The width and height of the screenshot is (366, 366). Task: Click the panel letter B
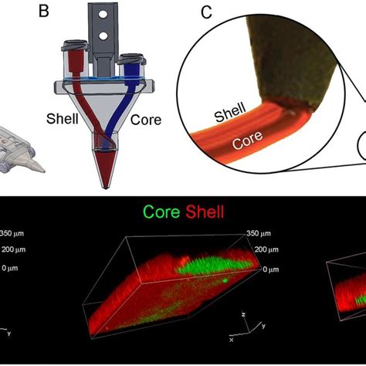pyautogui.click(x=44, y=11)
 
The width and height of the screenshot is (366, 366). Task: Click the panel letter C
pyautogui.click(x=207, y=12)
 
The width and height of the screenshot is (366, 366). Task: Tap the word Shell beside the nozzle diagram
pyautogui.click(x=63, y=119)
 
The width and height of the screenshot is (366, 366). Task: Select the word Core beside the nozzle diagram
pyautogui.click(x=146, y=120)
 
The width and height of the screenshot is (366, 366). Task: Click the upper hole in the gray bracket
pyautogui.click(x=103, y=15)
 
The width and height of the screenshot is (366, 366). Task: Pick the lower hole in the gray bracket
pyautogui.click(x=103, y=36)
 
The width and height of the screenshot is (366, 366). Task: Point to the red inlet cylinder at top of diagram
pyautogui.click(x=76, y=61)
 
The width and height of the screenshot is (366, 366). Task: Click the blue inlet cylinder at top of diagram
pyautogui.click(x=132, y=66)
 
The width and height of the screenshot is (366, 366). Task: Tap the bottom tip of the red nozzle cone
pyautogui.click(x=105, y=188)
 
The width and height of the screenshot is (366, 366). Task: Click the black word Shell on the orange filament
pyautogui.click(x=230, y=112)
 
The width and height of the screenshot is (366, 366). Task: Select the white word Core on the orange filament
pyautogui.click(x=247, y=140)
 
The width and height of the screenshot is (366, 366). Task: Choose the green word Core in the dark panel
pyautogui.click(x=161, y=212)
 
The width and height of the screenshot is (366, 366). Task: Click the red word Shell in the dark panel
pyautogui.click(x=205, y=212)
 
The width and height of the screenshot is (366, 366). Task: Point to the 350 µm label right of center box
pyautogui.click(x=259, y=233)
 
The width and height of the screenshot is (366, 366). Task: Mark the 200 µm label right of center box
pyautogui.click(x=266, y=249)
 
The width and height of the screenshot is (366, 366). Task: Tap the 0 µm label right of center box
pyautogui.click(x=271, y=269)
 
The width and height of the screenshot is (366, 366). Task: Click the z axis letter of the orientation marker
pyautogui.click(x=243, y=314)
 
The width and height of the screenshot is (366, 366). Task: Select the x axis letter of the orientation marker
pyautogui.click(x=232, y=340)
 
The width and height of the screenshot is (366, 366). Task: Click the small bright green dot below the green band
pyautogui.click(x=225, y=281)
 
